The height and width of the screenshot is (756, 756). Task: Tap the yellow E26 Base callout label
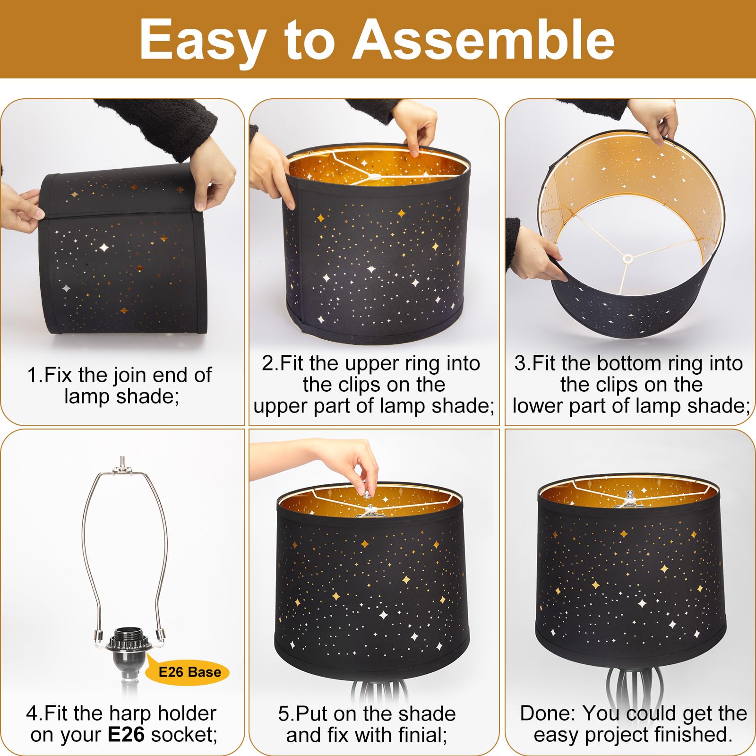[x=189, y=672]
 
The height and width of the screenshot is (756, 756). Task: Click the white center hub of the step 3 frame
[x=627, y=258]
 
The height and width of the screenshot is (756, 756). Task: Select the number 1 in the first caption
[x=32, y=376]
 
